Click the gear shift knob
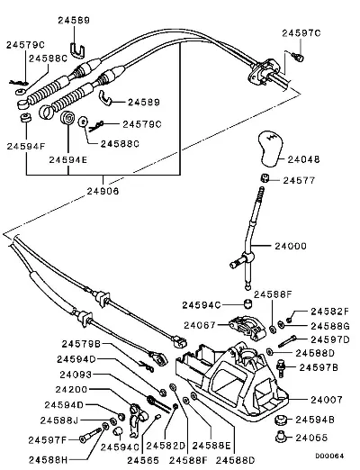point(270,148)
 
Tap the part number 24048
point(303,159)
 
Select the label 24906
point(103,191)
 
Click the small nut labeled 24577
point(264,177)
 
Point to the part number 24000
point(291,246)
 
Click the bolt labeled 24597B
point(281,368)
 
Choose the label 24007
point(327,400)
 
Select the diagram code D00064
point(329,456)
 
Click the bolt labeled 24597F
point(91,436)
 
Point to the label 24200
point(71,390)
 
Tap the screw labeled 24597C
point(298,57)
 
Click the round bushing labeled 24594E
point(67,118)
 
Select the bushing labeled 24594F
point(26,118)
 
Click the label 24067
point(200,325)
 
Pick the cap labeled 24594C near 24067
point(247,304)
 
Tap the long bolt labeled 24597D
point(287,341)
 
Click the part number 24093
point(76,375)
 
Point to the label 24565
point(143,460)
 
